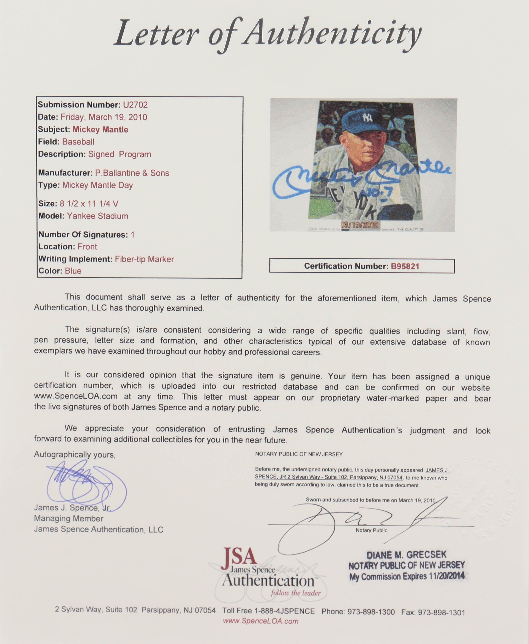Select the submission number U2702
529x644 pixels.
[x=135, y=105]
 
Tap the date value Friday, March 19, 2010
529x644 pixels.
[x=104, y=117]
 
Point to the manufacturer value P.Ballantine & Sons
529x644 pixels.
[x=132, y=173]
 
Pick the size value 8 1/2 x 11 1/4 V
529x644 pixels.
[x=89, y=204]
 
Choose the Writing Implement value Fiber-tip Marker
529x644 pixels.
[x=144, y=259]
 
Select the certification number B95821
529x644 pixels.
[x=405, y=266]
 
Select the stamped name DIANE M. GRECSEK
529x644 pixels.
[x=407, y=555]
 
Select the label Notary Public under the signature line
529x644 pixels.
[x=371, y=530]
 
